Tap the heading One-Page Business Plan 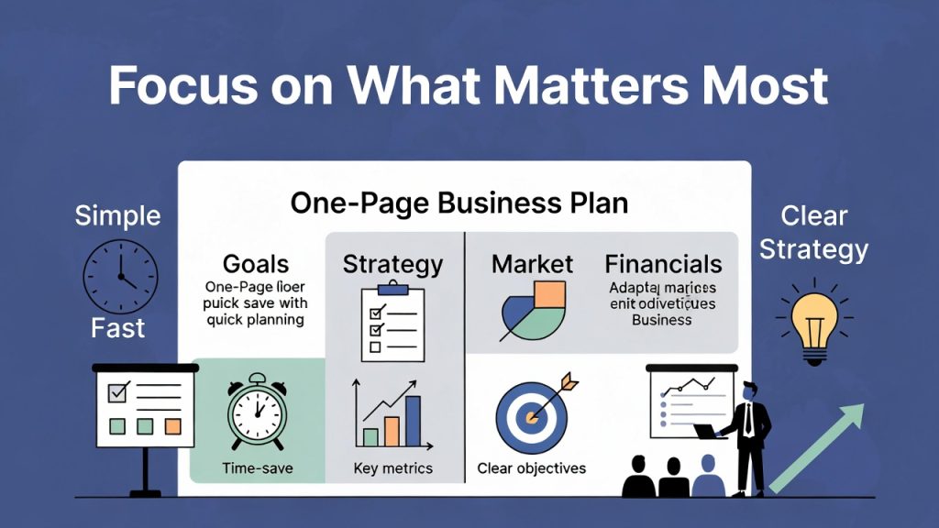coord(458,203)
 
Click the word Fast coord(118,327)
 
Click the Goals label coord(256,265)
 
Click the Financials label coord(663,265)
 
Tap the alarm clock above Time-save coord(257,412)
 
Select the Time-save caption coord(257,468)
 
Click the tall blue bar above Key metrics coord(413,421)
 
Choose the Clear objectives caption coord(531,468)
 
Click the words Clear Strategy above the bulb coord(813,232)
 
